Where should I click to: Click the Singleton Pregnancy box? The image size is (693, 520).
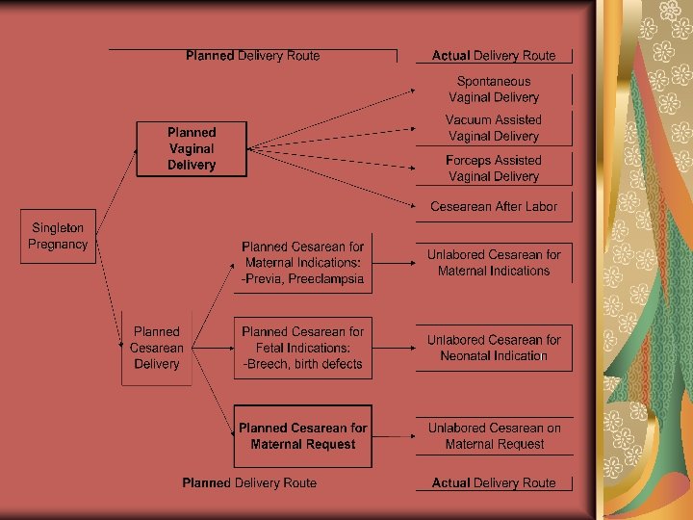click(58, 237)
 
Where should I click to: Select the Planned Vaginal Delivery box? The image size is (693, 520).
click(192, 148)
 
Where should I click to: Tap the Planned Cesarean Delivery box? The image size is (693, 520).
click(157, 348)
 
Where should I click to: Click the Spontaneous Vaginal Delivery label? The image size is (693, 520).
click(494, 90)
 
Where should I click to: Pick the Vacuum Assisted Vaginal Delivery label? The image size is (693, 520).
click(494, 128)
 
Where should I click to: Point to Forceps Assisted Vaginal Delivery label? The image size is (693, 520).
click(494, 169)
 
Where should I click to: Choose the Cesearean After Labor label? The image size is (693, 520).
click(494, 206)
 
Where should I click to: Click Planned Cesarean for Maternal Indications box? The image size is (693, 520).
click(303, 263)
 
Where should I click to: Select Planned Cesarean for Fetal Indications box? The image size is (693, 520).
click(303, 348)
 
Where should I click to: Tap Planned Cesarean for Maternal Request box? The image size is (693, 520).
click(303, 436)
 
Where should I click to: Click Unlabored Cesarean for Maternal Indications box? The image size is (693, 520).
click(494, 263)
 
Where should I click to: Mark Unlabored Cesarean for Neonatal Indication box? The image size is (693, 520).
click(494, 348)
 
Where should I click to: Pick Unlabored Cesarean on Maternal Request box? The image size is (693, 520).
click(494, 436)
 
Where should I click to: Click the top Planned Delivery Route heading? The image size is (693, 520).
click(253, 56)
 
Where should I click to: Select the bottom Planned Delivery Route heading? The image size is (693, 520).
click(249, 482)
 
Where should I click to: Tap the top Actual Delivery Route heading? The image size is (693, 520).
click(494, 56)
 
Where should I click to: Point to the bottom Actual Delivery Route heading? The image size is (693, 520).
click(494, 482)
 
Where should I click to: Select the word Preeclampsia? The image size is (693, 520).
click(329, 279)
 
